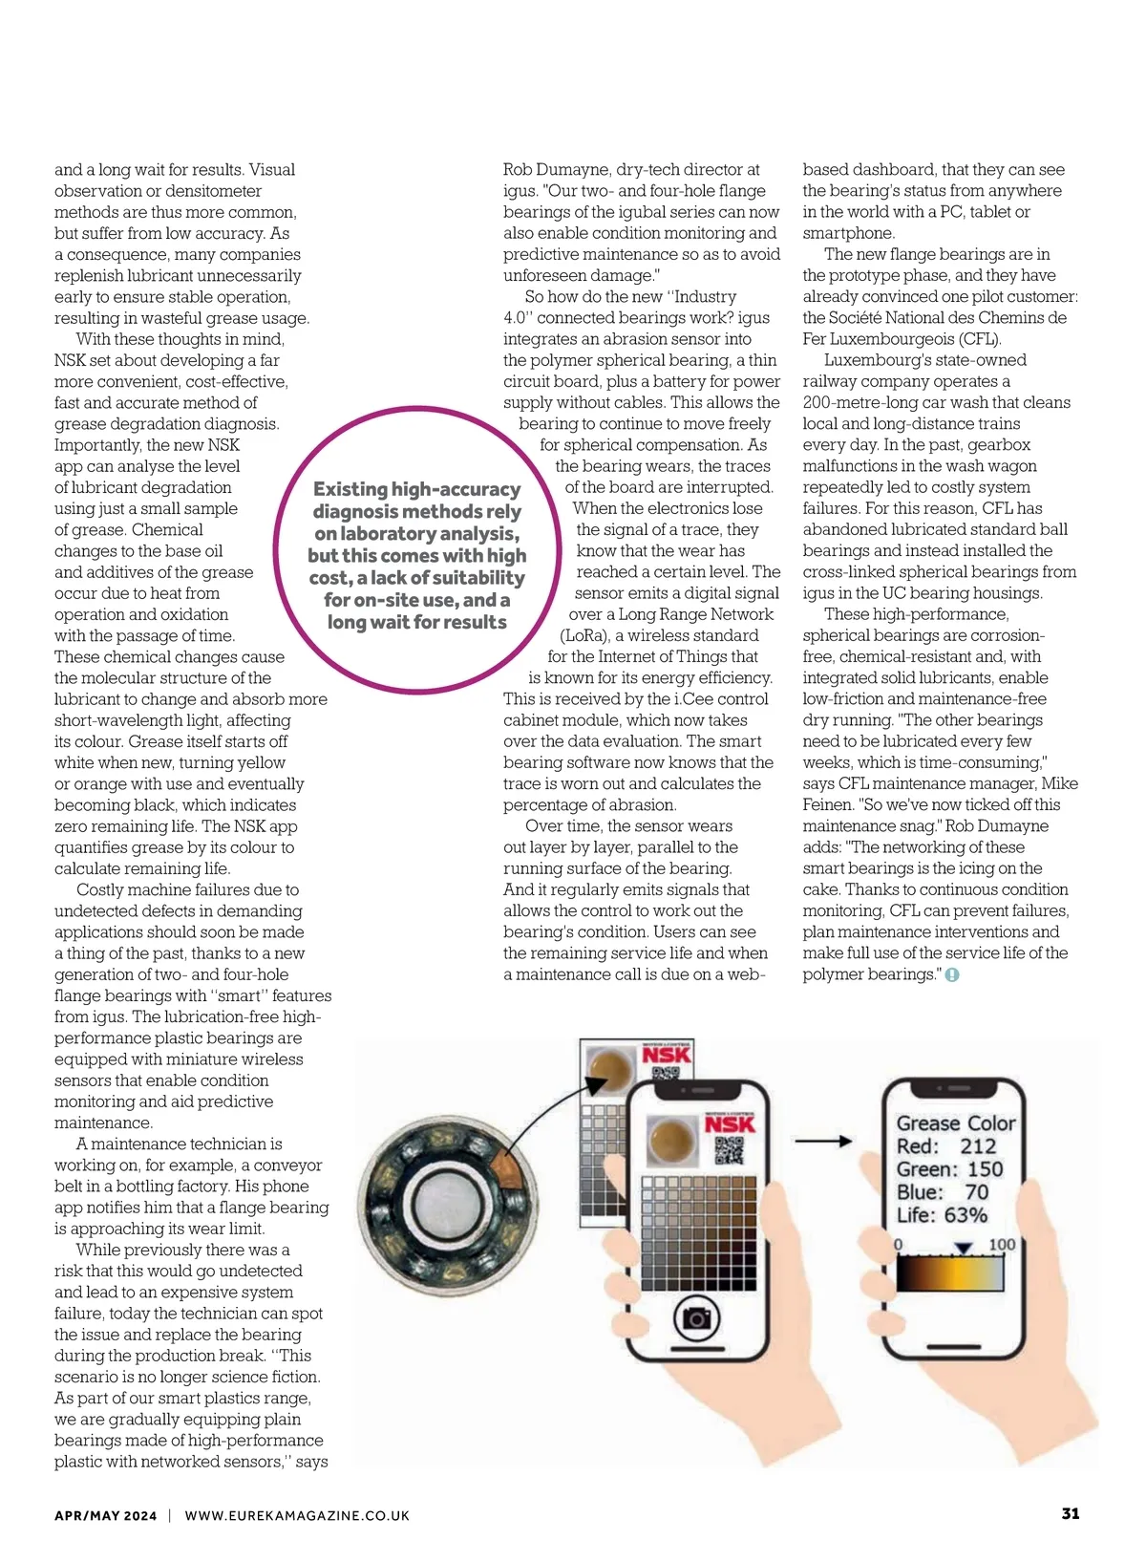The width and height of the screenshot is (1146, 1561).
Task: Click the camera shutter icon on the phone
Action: point(697,1319)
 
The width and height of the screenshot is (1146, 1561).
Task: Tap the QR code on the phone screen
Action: point(729,1151)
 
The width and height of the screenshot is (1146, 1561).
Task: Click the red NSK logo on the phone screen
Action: point(730,1123)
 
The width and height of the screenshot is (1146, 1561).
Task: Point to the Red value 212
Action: point(978,1146)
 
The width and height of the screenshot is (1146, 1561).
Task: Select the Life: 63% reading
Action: point(942,1215)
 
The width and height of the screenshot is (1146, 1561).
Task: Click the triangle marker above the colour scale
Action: point(964,1248)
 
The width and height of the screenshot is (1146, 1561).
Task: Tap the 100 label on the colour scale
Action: point(1002,1244)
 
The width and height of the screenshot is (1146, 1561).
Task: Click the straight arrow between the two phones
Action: point(823,1141)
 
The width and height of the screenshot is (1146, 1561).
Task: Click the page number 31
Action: point(1071,1513)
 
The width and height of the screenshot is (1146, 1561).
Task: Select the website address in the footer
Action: point(297,1515)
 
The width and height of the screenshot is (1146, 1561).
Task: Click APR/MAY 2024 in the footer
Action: point(105,1515)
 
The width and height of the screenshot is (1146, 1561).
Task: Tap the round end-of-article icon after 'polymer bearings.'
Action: point(952,975)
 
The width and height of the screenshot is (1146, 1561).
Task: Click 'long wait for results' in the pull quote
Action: point(417,622)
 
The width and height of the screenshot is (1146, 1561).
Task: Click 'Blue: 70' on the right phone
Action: point(942,1192)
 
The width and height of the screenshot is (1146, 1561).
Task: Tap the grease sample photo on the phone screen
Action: point(672,1139)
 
